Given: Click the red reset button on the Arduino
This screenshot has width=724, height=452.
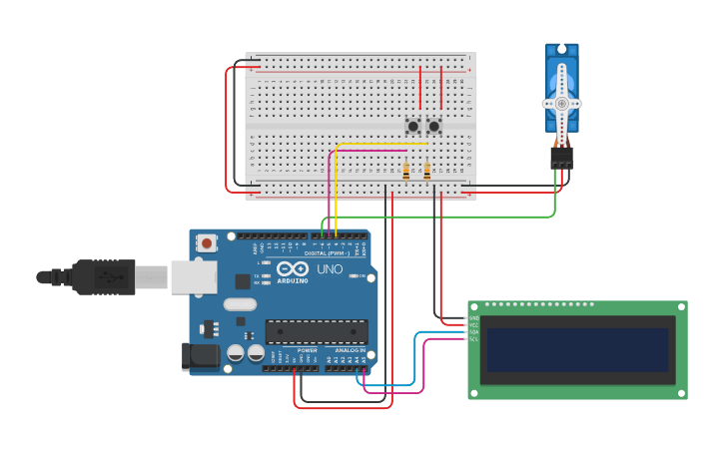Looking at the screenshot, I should (x=207, y=242).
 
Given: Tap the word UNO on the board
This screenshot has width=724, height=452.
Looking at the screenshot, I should (x=330, y=269).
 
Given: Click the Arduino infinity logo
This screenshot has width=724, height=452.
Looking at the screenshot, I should (x=294, y=269).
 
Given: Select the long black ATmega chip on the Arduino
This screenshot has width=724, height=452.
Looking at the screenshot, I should (x=316, y=331).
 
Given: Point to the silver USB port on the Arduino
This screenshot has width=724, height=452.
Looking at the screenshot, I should (x=193, y=277).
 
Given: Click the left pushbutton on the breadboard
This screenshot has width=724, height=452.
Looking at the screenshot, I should (x=412, y=127).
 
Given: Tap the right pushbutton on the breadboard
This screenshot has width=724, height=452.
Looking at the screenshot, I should (x=433, y=127).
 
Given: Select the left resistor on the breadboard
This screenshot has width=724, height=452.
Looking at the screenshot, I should (x=405, y=170).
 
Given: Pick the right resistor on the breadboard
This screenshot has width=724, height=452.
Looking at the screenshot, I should (x=427, y=170).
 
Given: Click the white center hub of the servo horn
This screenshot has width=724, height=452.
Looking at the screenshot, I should (x=562, y=103).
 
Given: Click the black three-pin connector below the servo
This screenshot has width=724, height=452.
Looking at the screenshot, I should (x=562, y=158).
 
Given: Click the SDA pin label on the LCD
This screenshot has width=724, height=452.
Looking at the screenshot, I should (x=473, y=332).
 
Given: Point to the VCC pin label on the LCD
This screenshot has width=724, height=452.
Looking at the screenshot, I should (x=473, y=325).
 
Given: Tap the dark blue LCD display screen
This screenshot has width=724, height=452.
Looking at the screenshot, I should (x=577, y=349).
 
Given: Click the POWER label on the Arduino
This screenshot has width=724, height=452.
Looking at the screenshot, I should (x=307, y=351).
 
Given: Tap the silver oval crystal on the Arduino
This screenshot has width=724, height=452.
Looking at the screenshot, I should (x=240, y=304).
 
